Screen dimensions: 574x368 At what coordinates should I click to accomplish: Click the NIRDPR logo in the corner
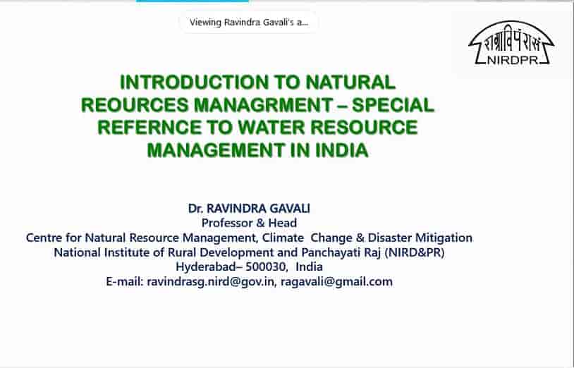(x=511, y=43)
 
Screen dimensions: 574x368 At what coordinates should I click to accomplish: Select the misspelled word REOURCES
(x=135, y=105)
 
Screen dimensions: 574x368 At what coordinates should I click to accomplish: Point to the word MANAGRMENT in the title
(x=263, y=105)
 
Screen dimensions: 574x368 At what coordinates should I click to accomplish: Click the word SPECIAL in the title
(x=393, y=105)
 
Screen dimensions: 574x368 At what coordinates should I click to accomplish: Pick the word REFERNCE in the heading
(x=149, y=128)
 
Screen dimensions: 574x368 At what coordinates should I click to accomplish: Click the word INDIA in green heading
(x=341, y=150)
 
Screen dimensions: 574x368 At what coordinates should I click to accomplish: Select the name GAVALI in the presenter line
(x=290, y=209)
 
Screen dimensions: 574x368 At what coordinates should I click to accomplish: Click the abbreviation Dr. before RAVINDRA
(x=195, y=209)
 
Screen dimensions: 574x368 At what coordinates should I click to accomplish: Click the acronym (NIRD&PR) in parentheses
(x=415, y=252)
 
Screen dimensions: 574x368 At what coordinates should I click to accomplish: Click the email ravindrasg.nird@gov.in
(x=210, y=282)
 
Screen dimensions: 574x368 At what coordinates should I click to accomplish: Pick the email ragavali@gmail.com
(x=336, y=282)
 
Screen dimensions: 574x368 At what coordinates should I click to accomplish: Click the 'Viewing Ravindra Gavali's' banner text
(x=249, y=23)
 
